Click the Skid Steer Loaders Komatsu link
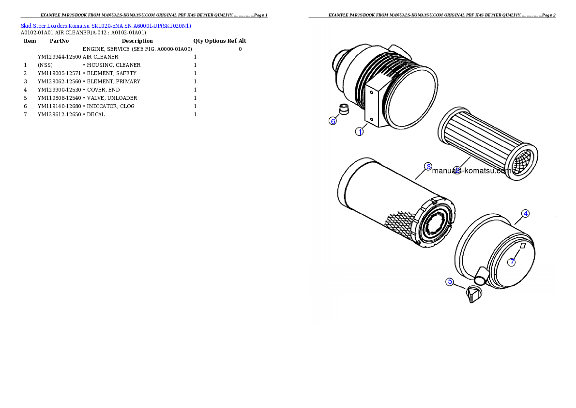click(55, 26)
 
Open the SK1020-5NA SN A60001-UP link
click(141, 26)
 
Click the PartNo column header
click(59, 41)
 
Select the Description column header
click(137, 41)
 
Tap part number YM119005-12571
click(59, 73)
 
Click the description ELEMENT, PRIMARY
click(114, 82)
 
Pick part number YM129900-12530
click(59, 90)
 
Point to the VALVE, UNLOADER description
click(112, 98)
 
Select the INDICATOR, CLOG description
click(110, 106)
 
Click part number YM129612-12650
click(59, 114)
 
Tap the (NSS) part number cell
click(45, 65)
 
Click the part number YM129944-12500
click(59, 57)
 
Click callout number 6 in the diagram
click(333, 121)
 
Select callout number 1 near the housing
click(360, 131)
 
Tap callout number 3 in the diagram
click(428, 166)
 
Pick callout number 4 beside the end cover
click(526, 213)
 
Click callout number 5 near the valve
click(450, 282)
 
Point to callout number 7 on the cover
click(512, 262)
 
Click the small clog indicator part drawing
click(344, 109)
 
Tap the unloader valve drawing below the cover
click(474, 294)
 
